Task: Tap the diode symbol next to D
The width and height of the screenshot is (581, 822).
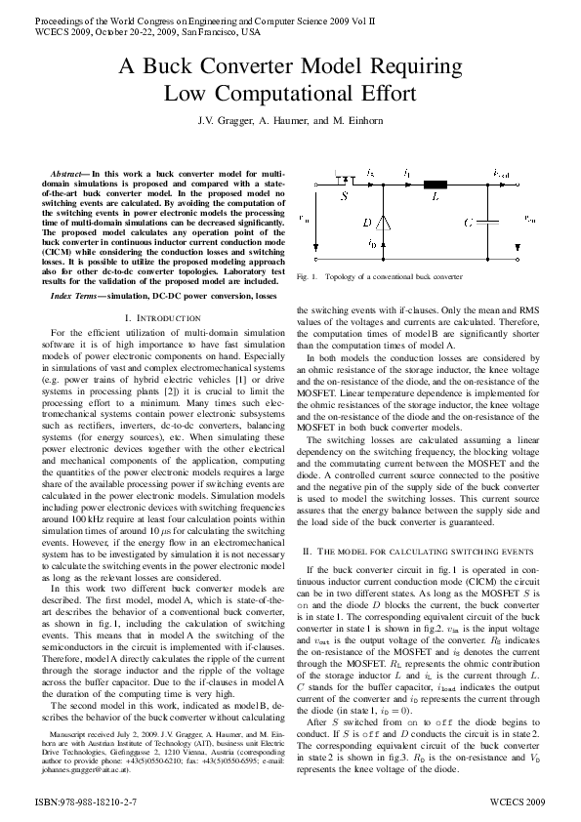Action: (x=384, y=223)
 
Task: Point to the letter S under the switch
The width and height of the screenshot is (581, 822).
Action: (x=343, y=195)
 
